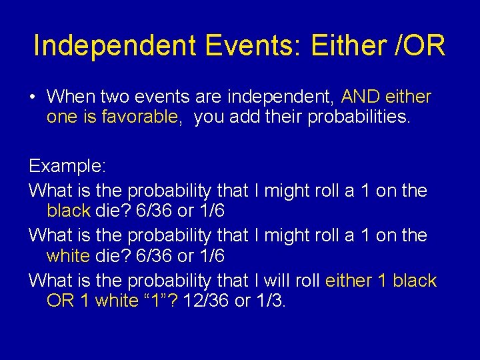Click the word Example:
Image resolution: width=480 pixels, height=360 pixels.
(66, 166)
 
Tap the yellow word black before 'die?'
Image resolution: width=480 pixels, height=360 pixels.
(68, 211)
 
